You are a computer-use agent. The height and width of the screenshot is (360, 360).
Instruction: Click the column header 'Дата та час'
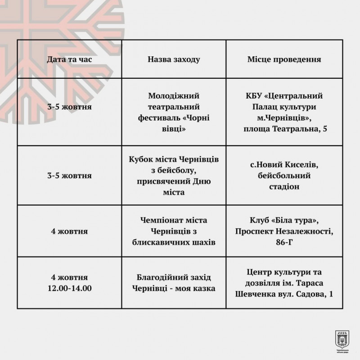point(69,59)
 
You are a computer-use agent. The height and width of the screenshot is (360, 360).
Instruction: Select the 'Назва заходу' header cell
point(174,59)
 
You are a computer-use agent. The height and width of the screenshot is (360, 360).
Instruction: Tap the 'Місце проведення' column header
point(284,59)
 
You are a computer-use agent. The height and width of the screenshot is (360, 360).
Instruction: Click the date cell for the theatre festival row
point(69,108)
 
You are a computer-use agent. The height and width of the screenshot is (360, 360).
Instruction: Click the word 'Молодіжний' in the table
point(174,96)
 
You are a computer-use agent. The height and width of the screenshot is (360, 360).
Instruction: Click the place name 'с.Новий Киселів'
point(284,164)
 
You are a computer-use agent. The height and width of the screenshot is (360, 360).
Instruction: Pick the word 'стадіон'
point(284,186)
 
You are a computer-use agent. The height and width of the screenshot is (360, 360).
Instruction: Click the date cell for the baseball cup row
point(69,175)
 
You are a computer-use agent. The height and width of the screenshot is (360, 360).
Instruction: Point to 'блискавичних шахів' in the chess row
point(174,242)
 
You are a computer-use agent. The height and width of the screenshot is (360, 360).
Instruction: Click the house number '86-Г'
point(284,242)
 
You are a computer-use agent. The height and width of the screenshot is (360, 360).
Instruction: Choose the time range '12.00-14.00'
point(69,288)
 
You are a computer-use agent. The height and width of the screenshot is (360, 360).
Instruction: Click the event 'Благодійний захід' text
point(174,277)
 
